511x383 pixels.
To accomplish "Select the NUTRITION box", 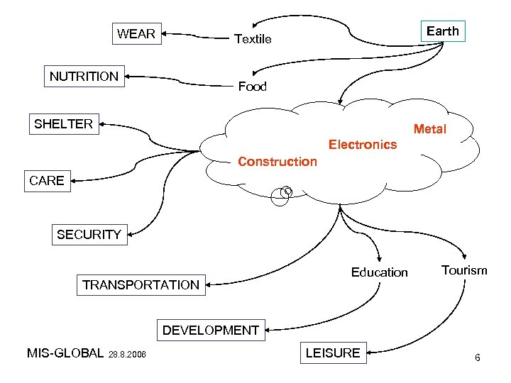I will pos(84,76).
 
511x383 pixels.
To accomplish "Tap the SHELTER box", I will pos(63,124).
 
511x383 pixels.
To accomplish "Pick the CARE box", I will pos(46,181).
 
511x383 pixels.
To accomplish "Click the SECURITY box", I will pos(89,235).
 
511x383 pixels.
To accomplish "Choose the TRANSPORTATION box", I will pos(141,285).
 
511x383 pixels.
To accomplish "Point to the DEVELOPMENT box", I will pos(210,330).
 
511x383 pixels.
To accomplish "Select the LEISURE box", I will pos(332,353).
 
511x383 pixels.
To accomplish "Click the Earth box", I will pos(443,31).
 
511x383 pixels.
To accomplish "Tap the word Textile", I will pos(253,40).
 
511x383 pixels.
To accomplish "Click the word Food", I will pos(252,87).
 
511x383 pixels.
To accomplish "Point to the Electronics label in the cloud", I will pos(363,145).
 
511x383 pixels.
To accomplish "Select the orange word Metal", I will pos(430,129).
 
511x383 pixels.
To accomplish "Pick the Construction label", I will pos(278,162).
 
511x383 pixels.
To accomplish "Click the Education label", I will pos(380,272).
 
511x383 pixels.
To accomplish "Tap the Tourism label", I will pos(464,270).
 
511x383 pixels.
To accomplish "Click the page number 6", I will pos(478,357).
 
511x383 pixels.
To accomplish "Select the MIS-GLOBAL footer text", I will pos(65,353).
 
